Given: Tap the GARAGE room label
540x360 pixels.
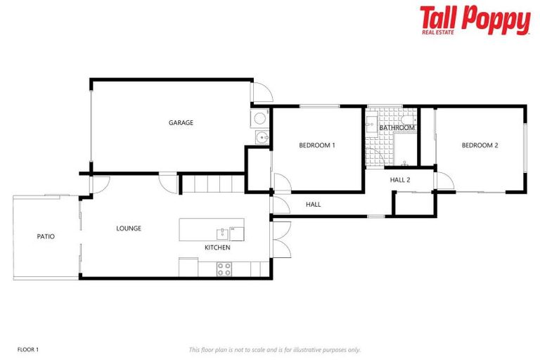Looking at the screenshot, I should pos(181,122).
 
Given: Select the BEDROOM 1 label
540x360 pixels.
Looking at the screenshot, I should pos(317,146).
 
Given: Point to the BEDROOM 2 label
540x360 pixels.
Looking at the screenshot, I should pos(480,146).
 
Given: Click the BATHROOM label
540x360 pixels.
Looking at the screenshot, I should pos(397,128).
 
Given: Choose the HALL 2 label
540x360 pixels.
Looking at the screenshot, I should pos(400,180).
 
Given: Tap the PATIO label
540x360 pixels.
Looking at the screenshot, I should pos(46,236).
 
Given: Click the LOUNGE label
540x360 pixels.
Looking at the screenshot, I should pos(129,229).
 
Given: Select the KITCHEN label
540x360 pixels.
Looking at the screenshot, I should pos(217,247).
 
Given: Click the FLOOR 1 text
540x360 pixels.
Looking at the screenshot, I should pos(27,349).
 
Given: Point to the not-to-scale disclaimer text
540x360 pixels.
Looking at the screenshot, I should pos(274,349).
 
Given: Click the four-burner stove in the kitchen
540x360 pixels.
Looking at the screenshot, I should pos(224,269).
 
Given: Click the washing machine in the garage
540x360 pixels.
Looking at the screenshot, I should pos(260,117).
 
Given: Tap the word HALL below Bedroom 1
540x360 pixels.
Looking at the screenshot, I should pos(313,205).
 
